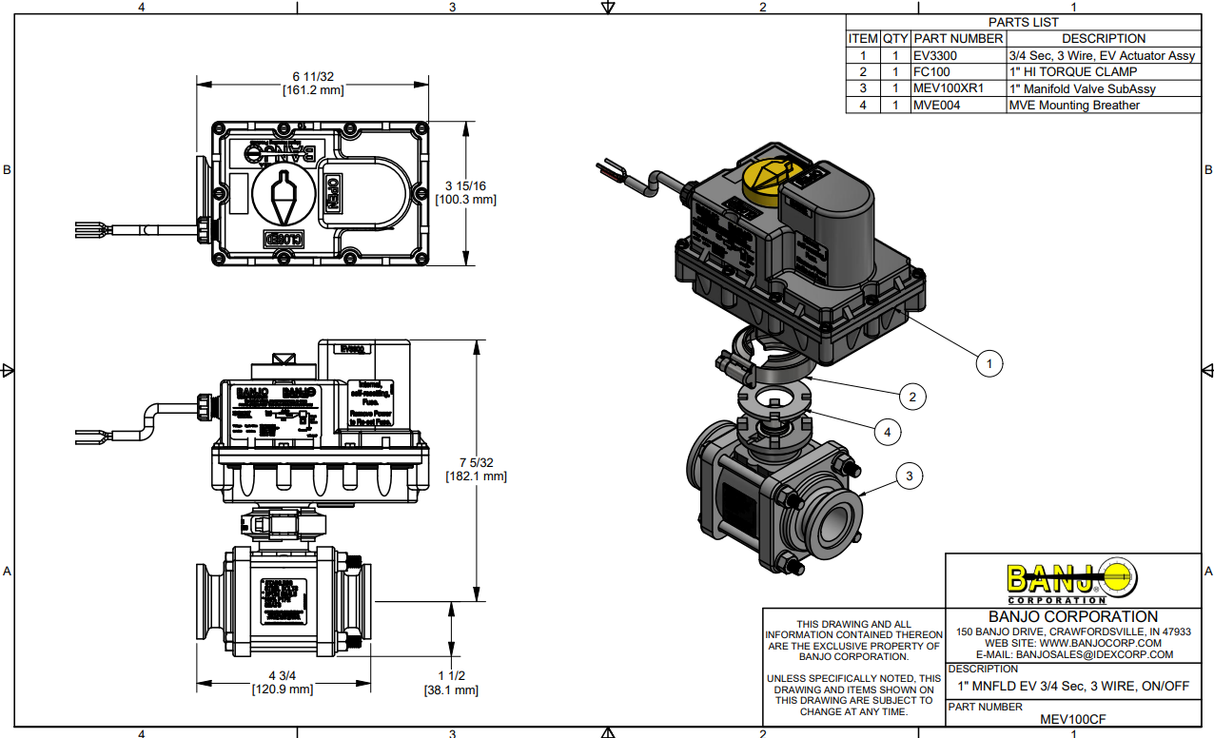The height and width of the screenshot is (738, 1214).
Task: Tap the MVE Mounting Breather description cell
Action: click(1103, 105)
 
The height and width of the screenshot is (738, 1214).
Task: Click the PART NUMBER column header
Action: click(958, 39)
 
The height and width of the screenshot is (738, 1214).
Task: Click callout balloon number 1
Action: click(989, 364)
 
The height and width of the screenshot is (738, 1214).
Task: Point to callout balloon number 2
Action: click(911, 397)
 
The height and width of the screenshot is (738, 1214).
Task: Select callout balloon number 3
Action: click(909, 477)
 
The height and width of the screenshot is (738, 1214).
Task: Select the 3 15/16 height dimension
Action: click(466, 192)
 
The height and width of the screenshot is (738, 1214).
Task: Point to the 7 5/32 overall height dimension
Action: click(475, 469)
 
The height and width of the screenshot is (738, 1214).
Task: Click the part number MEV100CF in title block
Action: click(1073, 719)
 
